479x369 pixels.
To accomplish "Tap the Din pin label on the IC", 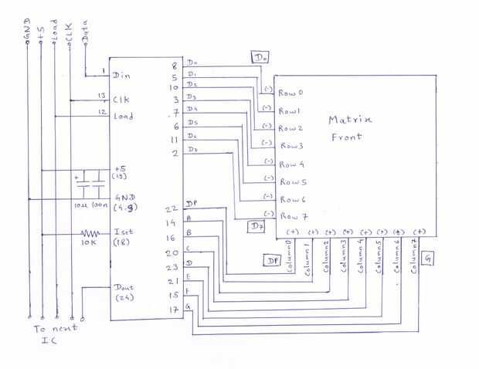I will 121,76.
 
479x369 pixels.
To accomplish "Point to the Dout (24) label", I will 124,292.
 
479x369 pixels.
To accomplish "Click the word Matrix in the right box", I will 350,120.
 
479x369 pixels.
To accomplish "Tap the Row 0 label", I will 290,93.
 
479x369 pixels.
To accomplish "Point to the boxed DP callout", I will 273,261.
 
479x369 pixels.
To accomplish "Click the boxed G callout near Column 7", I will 428,259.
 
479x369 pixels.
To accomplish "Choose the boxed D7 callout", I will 256,226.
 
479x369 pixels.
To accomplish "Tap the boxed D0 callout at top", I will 260,57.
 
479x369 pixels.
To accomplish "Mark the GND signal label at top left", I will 28,31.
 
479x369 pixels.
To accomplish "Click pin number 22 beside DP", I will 172,208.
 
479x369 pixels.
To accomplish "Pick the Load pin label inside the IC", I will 124,117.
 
